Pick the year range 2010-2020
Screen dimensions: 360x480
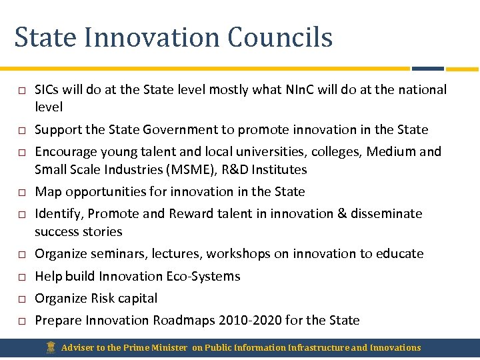pos(250,320)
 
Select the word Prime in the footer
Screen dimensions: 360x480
pos(137,347)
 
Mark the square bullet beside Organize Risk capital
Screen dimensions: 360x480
pos(21,299)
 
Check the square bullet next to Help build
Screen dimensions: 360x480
pos(21,277)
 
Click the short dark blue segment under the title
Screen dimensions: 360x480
pos(427,68)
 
